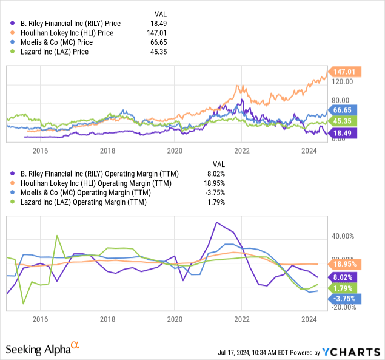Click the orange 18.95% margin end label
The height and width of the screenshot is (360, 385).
point(344,263)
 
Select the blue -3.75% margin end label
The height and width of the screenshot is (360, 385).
point(344,298)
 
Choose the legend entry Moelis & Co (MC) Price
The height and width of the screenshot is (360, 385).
point(59,42)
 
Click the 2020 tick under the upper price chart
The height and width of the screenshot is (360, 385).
point(175,150)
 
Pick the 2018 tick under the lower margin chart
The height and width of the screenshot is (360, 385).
point(107,318)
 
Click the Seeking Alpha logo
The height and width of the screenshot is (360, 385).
point(42,348)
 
